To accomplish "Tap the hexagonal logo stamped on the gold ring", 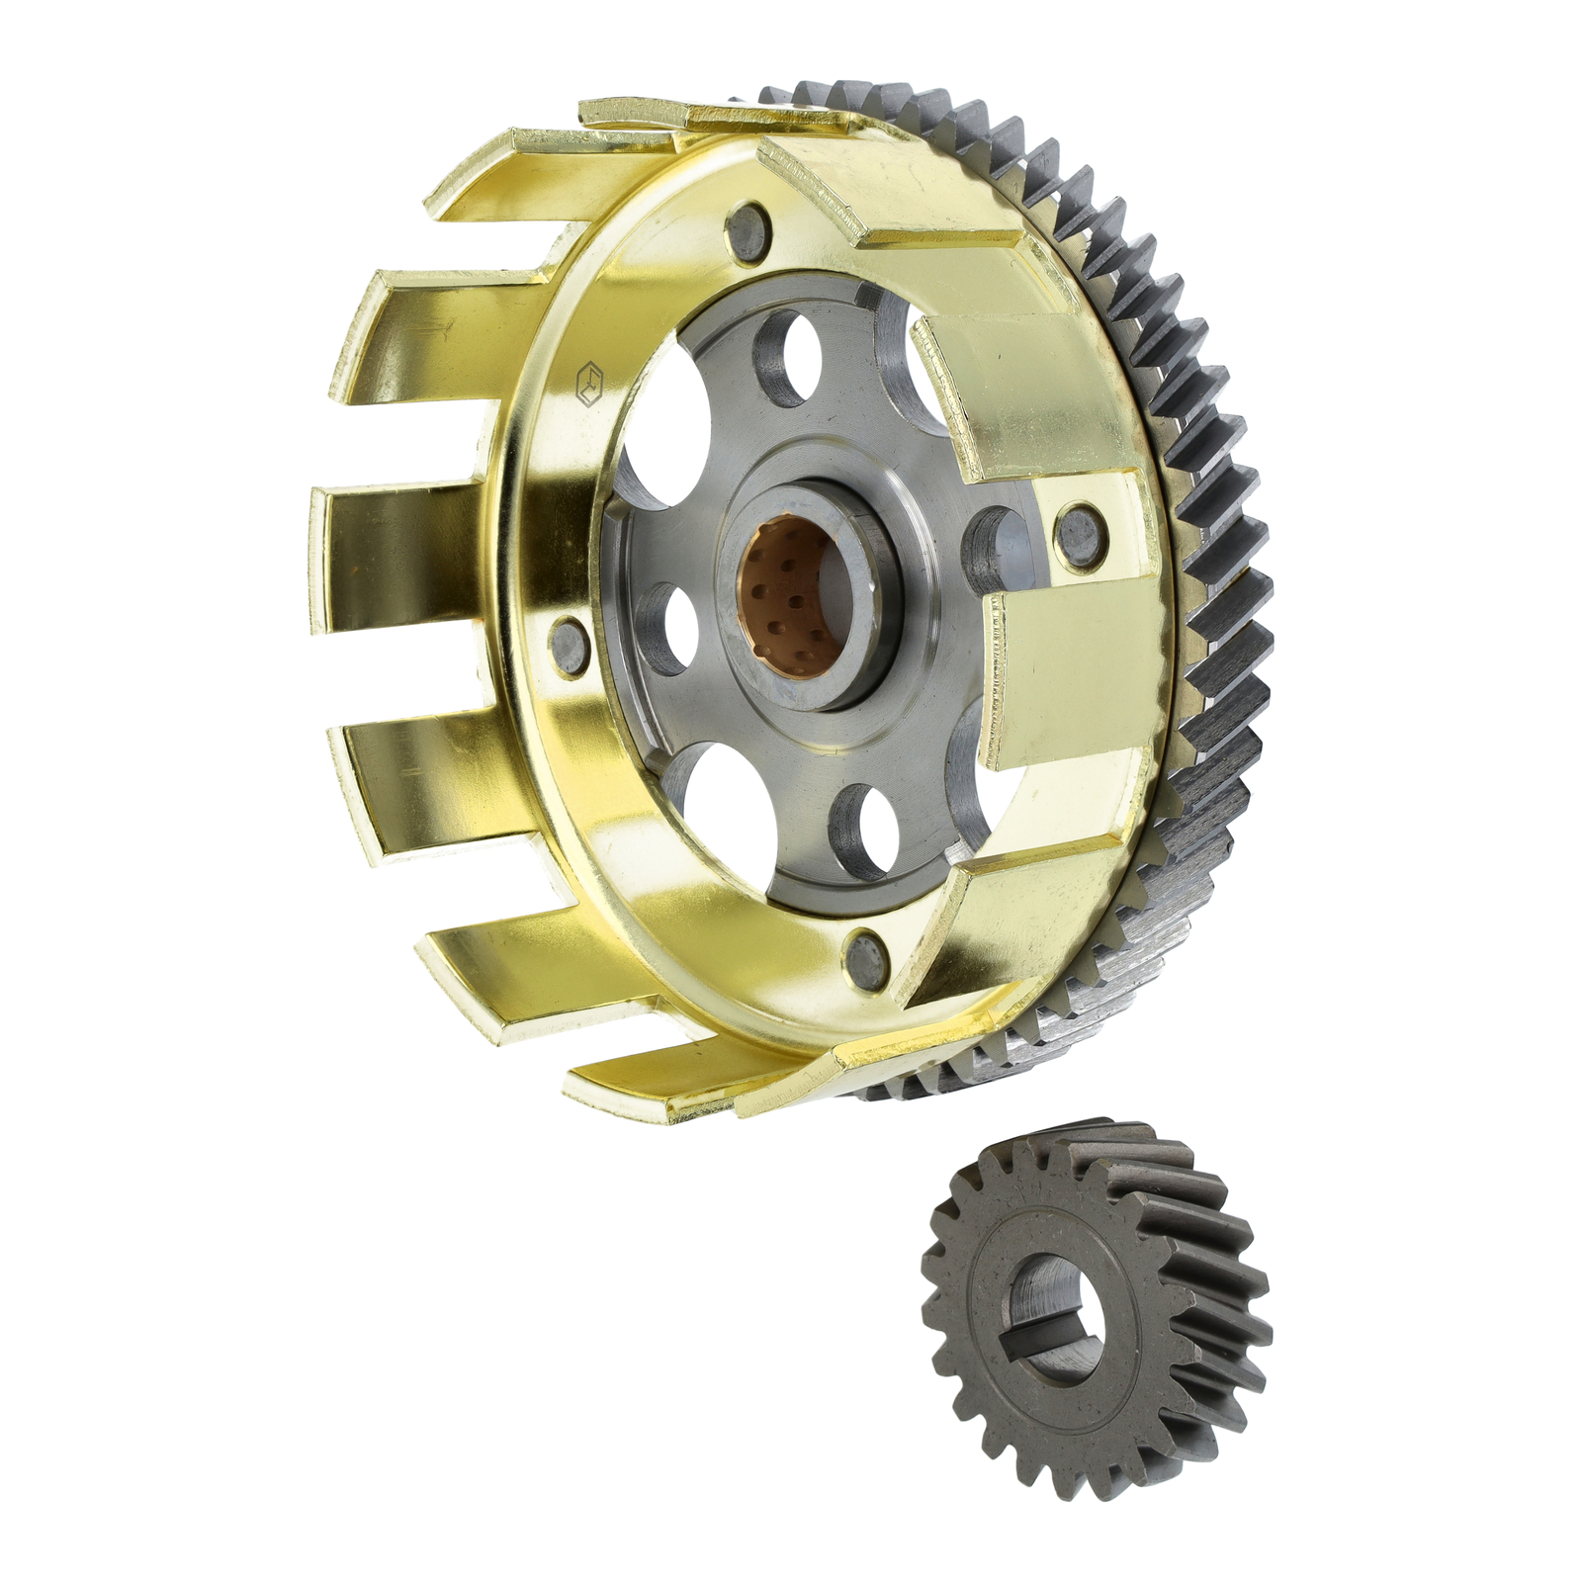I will (590, 386).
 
